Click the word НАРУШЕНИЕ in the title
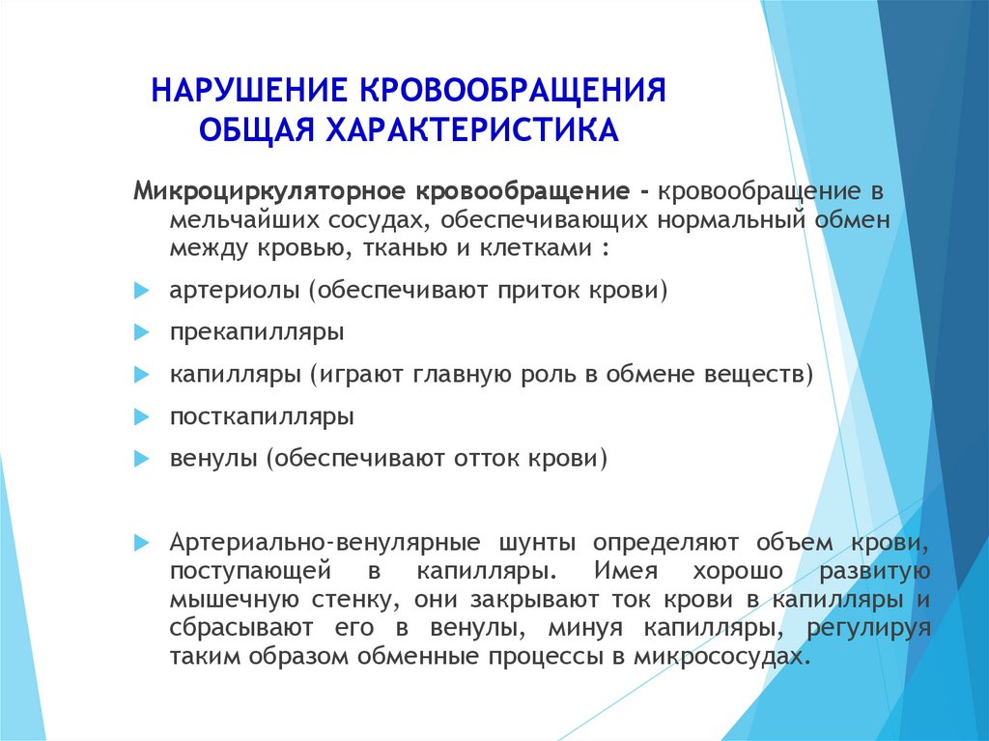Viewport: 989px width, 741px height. point(249,90)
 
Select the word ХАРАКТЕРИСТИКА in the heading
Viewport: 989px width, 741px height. point(471,129)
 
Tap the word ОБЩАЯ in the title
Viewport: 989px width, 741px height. point(257,130)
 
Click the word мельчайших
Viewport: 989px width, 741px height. point(245,219)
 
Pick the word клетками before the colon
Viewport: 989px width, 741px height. point(535,247)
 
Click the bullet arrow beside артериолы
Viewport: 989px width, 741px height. point(141,291)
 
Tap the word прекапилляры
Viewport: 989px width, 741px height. point(257,332)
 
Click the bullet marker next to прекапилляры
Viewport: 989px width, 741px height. point(141,332)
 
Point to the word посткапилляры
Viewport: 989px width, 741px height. point(262,417)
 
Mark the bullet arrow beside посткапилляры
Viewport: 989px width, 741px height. point(141,417)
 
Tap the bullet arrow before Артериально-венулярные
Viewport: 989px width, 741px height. point(141,543)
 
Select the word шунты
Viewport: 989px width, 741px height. point(537,543)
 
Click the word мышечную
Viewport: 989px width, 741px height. point(234,600)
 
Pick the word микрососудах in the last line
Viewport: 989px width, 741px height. point(720,656)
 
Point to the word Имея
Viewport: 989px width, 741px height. point(626,571)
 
